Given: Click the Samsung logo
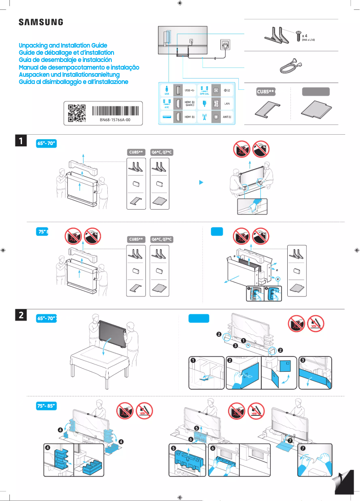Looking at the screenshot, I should pyautogui.click(x=40, y=22).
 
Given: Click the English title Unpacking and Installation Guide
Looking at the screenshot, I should pyautogui.click(x=63, y=46).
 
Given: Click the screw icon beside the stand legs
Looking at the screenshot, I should pyautogui.click(x=298, y=35).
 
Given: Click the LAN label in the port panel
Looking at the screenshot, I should pyautogui.click(x=227, y=103).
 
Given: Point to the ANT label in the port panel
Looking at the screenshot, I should pyautogui.click(x=227, y=117).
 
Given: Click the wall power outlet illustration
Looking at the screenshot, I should pyautogui.click(x=224, y=46).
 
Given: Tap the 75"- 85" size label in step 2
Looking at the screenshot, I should pyautogui.click(x=46, y=406).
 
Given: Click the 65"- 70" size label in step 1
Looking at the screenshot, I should pyautogui.click(x=46, y=143).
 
